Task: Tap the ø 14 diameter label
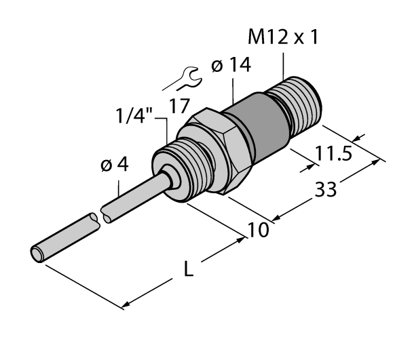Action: [231, 66]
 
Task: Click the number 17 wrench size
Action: [180, 106]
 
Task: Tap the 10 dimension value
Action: [257, 231]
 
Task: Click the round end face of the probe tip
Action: [37, 255]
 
